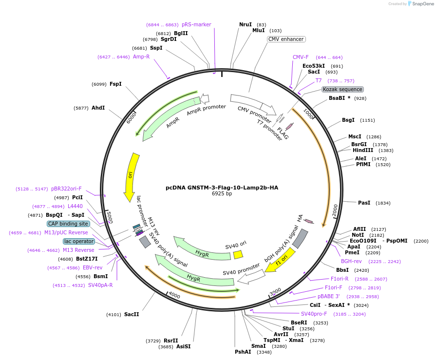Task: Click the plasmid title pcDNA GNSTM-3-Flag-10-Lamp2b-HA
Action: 222,187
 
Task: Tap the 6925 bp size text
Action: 222,194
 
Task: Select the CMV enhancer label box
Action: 286,39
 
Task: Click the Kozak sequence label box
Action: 342,89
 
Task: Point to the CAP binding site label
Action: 68,224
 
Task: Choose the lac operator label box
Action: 78,241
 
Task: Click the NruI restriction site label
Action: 246,24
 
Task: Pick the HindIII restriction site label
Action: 362,150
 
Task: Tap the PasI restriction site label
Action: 364,203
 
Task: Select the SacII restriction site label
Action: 132,314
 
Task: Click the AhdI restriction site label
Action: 98,108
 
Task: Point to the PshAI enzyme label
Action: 243,352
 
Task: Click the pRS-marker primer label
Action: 196,24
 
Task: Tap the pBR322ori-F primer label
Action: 66,189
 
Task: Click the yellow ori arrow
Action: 131,176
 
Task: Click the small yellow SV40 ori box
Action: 238,255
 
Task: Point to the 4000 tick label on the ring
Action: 174,296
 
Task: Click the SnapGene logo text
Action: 421,3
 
